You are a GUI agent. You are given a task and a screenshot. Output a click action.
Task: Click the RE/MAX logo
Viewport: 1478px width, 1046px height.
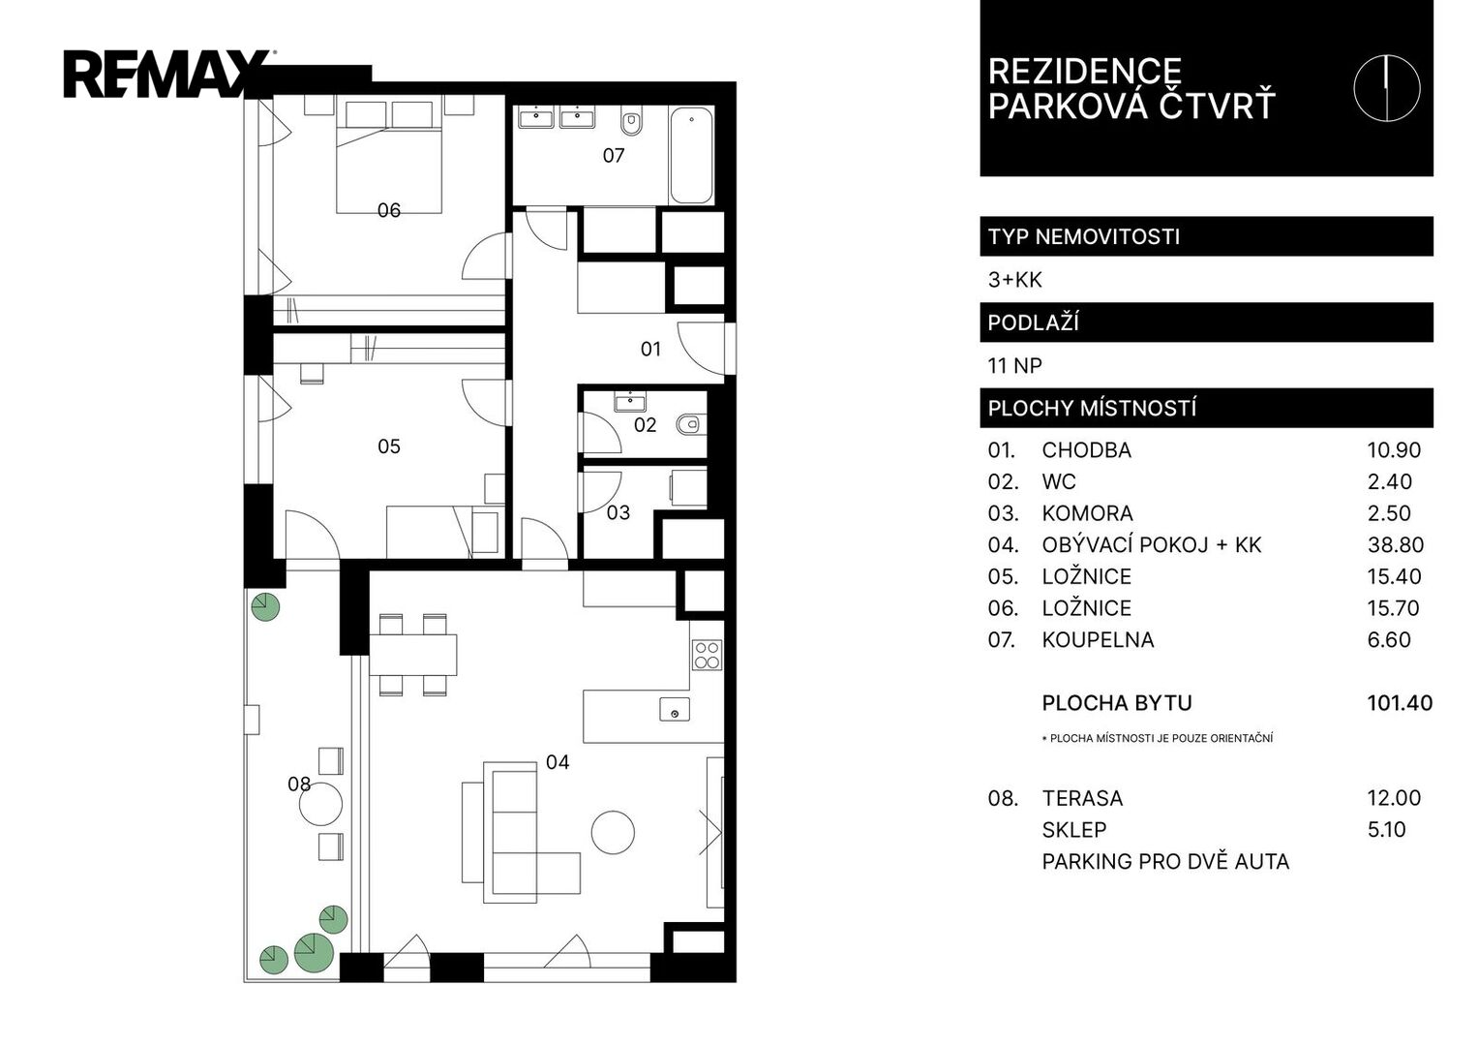(168, 74)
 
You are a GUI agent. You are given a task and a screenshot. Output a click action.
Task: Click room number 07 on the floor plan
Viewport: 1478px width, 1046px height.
(614, 156)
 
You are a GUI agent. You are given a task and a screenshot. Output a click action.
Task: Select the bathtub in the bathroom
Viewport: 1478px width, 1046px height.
(691, 155)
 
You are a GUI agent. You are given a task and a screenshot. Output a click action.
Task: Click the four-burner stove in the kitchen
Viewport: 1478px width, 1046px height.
(707, 655)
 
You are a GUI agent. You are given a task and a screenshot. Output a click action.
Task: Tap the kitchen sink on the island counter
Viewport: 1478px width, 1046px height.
(675, 710)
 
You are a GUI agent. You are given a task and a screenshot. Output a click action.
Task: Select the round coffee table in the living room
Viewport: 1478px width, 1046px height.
(613, 833)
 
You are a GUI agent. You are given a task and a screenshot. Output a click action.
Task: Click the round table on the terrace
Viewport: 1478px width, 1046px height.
(320, 804)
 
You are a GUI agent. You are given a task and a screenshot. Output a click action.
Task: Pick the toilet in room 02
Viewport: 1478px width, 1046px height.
(688, 424)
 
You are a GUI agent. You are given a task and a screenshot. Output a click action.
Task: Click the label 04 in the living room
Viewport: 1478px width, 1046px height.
(558, 763)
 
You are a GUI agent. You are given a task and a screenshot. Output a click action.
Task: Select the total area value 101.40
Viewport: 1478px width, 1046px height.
(1400, 702)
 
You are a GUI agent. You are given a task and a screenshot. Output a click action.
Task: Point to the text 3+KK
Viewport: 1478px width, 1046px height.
(1014, 280)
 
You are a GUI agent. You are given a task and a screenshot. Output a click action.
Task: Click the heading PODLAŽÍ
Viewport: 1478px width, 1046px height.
(1034, 323)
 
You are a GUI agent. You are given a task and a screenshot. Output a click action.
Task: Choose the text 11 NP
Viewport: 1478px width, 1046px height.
(1014, 366)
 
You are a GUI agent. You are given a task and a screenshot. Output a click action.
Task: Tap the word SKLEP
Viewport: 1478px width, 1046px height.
(1074, 829)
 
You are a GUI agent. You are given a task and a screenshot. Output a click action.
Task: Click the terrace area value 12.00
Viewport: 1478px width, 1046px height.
(1394, 798)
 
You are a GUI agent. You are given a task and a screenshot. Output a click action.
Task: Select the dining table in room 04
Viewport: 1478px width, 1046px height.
(413, 655)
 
